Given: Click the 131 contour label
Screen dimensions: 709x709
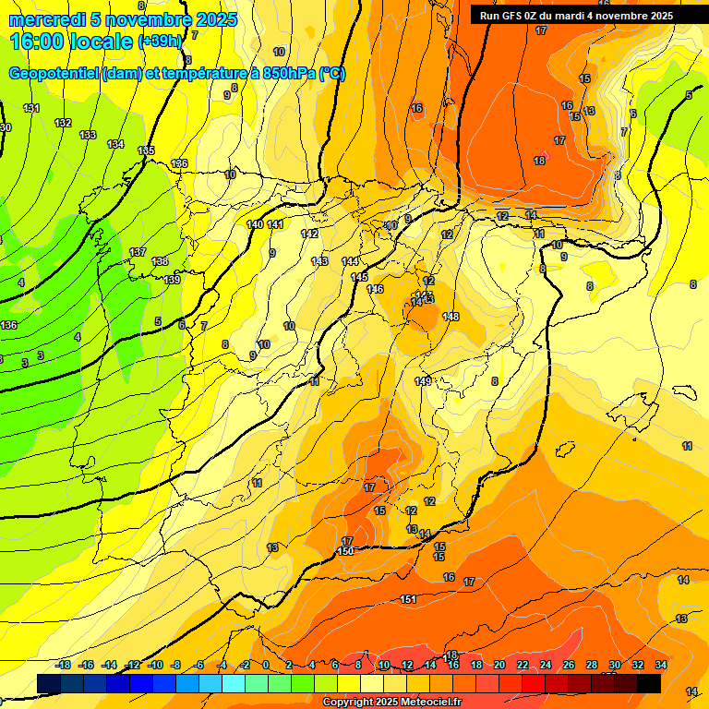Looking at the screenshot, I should (x=32, y=109).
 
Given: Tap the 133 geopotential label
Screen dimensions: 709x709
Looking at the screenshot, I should (x=88, y=136).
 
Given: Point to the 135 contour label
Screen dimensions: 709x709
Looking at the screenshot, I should (x=146, y=151).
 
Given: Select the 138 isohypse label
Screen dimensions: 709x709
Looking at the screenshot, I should (x=160, y=262).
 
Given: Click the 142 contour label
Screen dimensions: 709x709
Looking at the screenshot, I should (x=309, y=234).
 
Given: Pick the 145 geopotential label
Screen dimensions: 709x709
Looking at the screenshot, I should (x=359, y=278).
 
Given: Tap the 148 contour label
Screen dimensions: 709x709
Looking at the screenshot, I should (x=451, y=318).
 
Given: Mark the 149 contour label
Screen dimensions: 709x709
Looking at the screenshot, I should (x=423, y=382).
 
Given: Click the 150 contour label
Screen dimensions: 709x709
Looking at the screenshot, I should (x=345, y=551).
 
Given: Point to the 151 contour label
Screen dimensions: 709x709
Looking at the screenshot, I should (x=408, y=600).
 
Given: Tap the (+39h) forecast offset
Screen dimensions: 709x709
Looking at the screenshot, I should (x=162, y=42).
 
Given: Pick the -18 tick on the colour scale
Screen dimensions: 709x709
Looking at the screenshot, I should (x=63, y=666).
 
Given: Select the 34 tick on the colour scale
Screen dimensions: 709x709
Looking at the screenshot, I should (x=660, y=666).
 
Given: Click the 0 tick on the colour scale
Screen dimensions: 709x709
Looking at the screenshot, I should (x=266, y=666).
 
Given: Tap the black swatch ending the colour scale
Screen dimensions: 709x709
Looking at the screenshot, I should (x=649, y=683).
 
